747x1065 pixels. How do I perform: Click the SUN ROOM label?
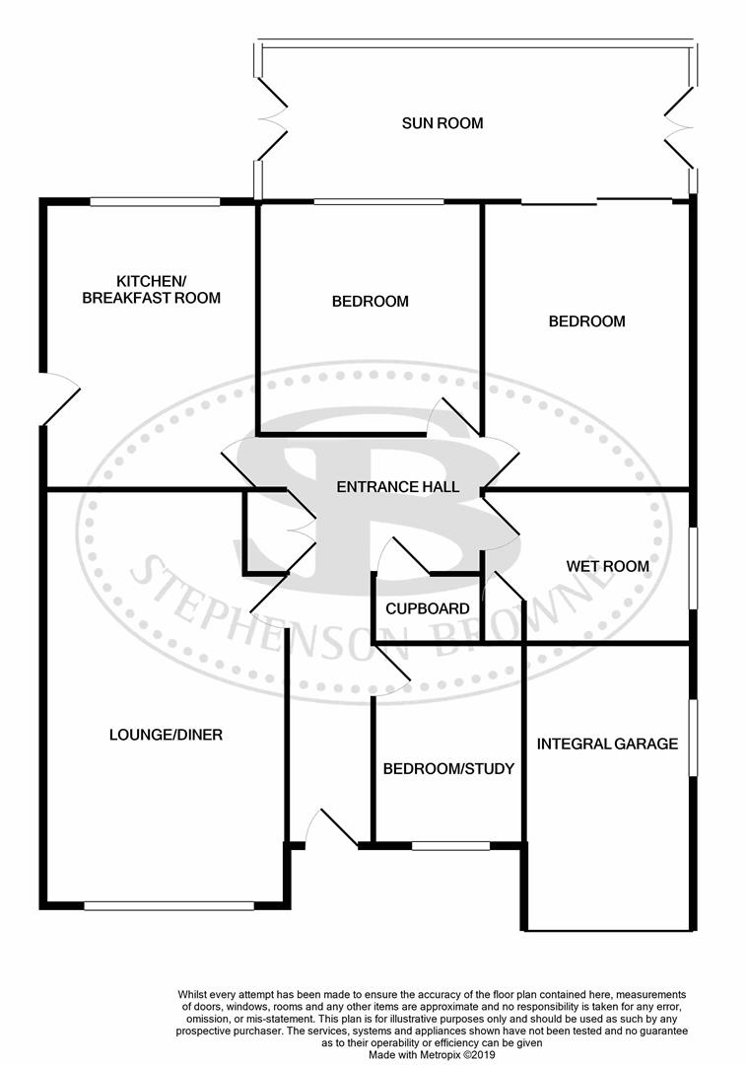coord(442,123)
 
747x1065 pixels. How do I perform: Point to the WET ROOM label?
coord(607,566)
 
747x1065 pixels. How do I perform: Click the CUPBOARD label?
coord(427,608)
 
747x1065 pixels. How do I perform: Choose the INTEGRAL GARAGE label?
coord(607,744)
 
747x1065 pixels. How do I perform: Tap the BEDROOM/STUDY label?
coord(448,768)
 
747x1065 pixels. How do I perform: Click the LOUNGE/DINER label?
coord(166,735)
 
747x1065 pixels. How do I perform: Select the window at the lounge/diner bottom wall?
coord(169,905)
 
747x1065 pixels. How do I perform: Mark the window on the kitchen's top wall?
coord(155,201)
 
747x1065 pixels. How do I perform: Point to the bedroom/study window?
coord(450,845)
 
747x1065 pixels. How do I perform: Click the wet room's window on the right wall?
coord(693,567)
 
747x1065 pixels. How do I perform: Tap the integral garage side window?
coord(693,738)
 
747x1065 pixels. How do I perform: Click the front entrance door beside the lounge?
coord(331,828)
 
